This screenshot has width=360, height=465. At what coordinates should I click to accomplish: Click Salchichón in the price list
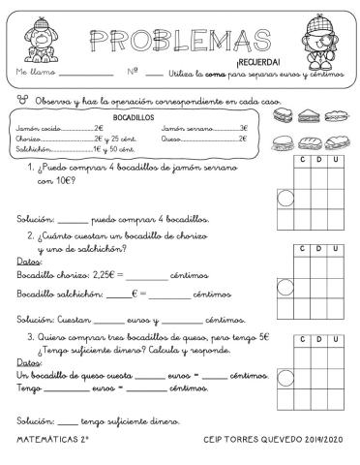click(33, 149)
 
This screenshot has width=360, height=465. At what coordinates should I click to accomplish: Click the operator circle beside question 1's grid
click(286, 201)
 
